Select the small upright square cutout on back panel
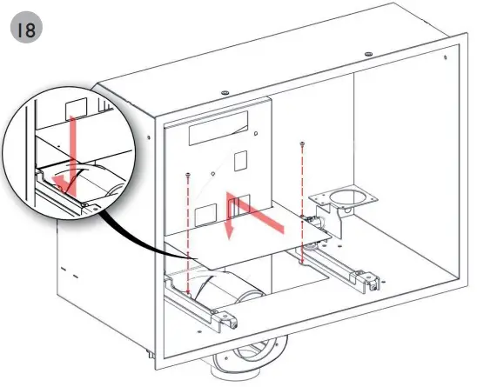coord(243,162)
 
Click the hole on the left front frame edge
coord(154,137)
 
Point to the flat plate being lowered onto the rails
coord(261,239)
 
